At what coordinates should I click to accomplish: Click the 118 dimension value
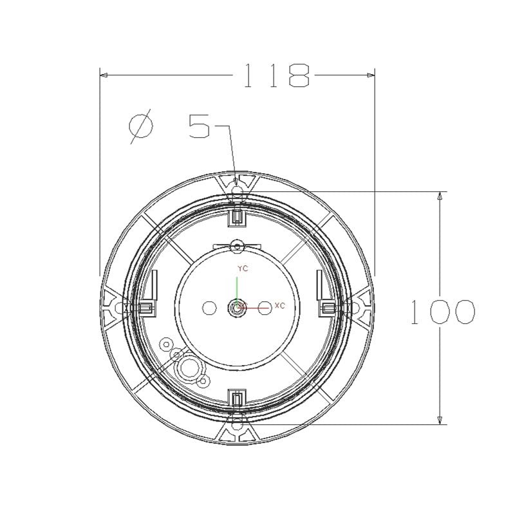277,75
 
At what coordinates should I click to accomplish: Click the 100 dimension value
443,312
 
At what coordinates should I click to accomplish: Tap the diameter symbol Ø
141,126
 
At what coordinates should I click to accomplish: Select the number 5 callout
200,126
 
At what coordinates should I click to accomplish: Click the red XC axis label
279,306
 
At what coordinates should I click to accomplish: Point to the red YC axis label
243,268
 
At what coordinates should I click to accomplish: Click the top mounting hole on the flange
237,191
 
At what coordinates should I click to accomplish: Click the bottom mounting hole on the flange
237,425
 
